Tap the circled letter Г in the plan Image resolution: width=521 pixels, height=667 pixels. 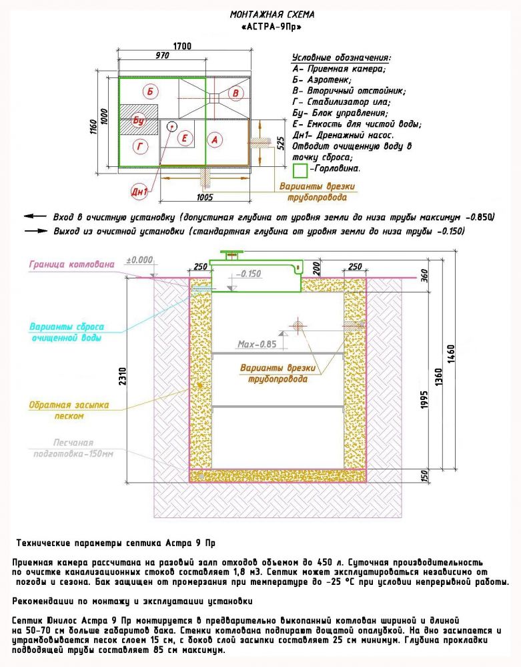coord(140,146)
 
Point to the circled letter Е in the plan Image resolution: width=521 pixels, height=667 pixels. coord(186,138)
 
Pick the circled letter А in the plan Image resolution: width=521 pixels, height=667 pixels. coord(214,139)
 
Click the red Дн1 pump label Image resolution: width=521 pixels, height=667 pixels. coord(139,192)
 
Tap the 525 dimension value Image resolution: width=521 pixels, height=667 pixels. coord(280,143)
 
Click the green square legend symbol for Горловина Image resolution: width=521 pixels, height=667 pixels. coord(301,170)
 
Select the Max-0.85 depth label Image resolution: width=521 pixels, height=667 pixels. coord(256,345)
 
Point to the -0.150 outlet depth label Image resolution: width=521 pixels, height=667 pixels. coord(249,273)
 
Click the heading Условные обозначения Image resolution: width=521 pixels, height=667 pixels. coord(341,58)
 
